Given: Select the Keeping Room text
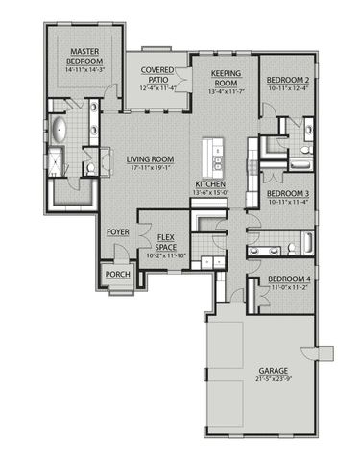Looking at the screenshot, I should pyautogui.click(x=225, y=78).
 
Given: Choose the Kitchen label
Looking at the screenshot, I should pyautogui.click(x=212, y=183).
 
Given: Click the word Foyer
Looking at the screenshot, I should pyautogui.click(x=118, y=230).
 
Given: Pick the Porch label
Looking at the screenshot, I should pyautogui.click(x=117, y=274).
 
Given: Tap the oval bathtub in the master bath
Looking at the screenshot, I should pyautogui.click(x=57, y=131).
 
